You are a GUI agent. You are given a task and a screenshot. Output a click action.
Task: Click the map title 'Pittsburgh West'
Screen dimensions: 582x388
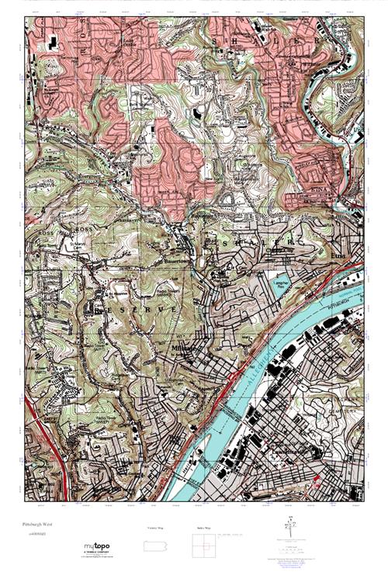pos(37,525)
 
